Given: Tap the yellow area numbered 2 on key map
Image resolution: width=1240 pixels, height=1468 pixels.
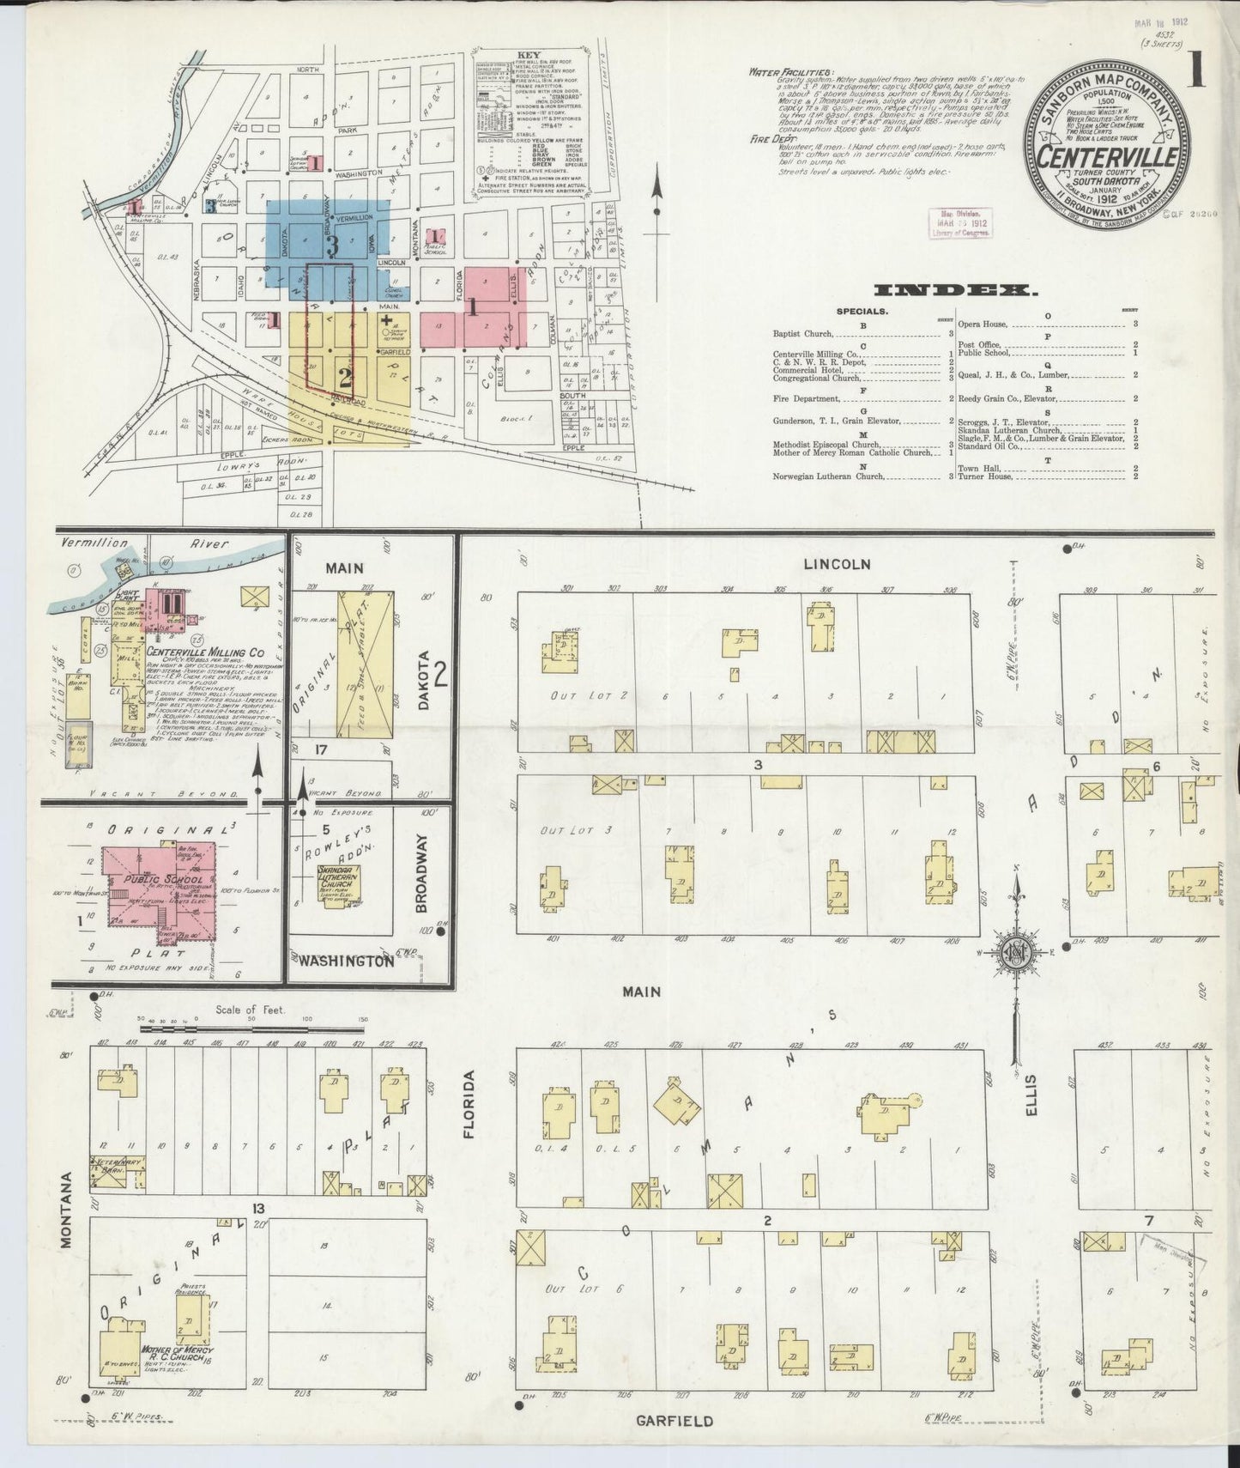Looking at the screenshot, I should click(x=345, y=375).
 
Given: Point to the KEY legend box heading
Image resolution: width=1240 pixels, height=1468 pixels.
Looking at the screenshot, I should click(x=528, y=55).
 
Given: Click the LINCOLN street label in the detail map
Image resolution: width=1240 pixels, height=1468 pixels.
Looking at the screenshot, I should click(x=838, y=564).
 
